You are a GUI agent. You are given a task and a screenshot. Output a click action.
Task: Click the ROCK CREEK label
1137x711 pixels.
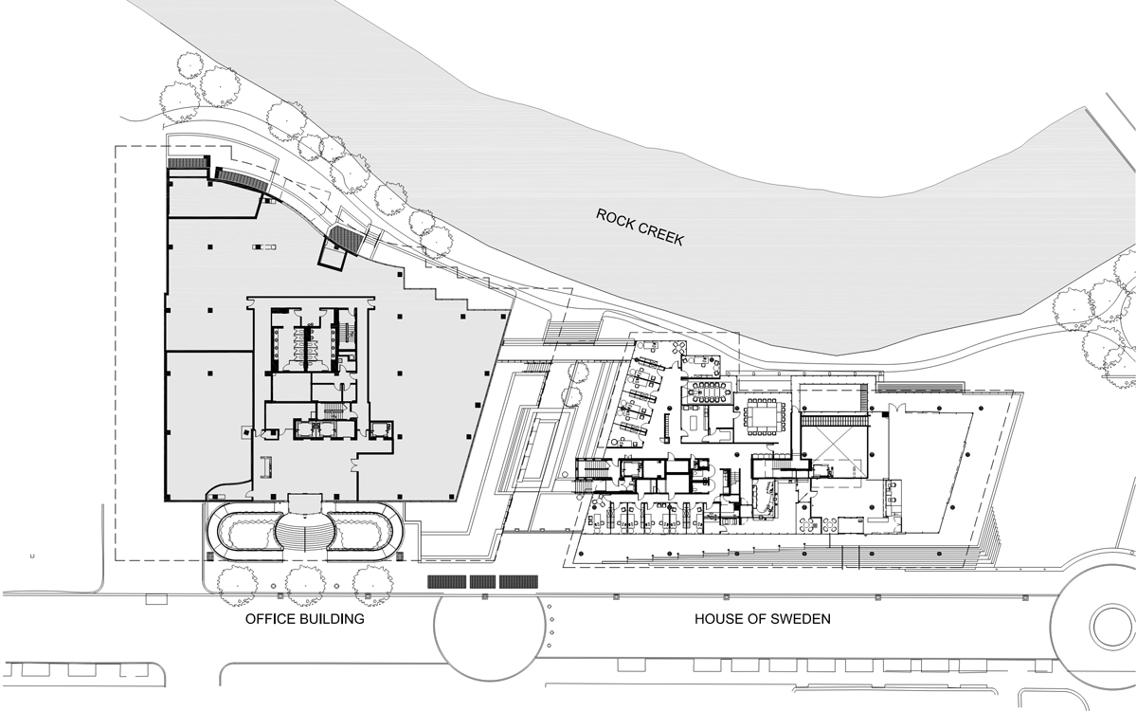640,227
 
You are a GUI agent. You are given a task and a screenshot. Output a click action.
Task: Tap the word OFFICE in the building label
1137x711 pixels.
268,619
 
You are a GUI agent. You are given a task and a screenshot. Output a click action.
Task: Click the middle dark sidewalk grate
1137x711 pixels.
482,581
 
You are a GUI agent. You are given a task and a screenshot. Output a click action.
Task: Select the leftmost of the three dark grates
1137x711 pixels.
446,581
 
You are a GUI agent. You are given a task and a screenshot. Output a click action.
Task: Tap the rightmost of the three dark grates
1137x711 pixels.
519,581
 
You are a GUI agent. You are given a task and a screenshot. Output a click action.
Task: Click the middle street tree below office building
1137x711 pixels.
305,585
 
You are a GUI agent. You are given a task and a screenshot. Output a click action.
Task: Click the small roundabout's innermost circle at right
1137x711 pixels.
1116,627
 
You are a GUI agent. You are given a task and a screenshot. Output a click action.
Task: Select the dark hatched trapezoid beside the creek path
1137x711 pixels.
346,238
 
